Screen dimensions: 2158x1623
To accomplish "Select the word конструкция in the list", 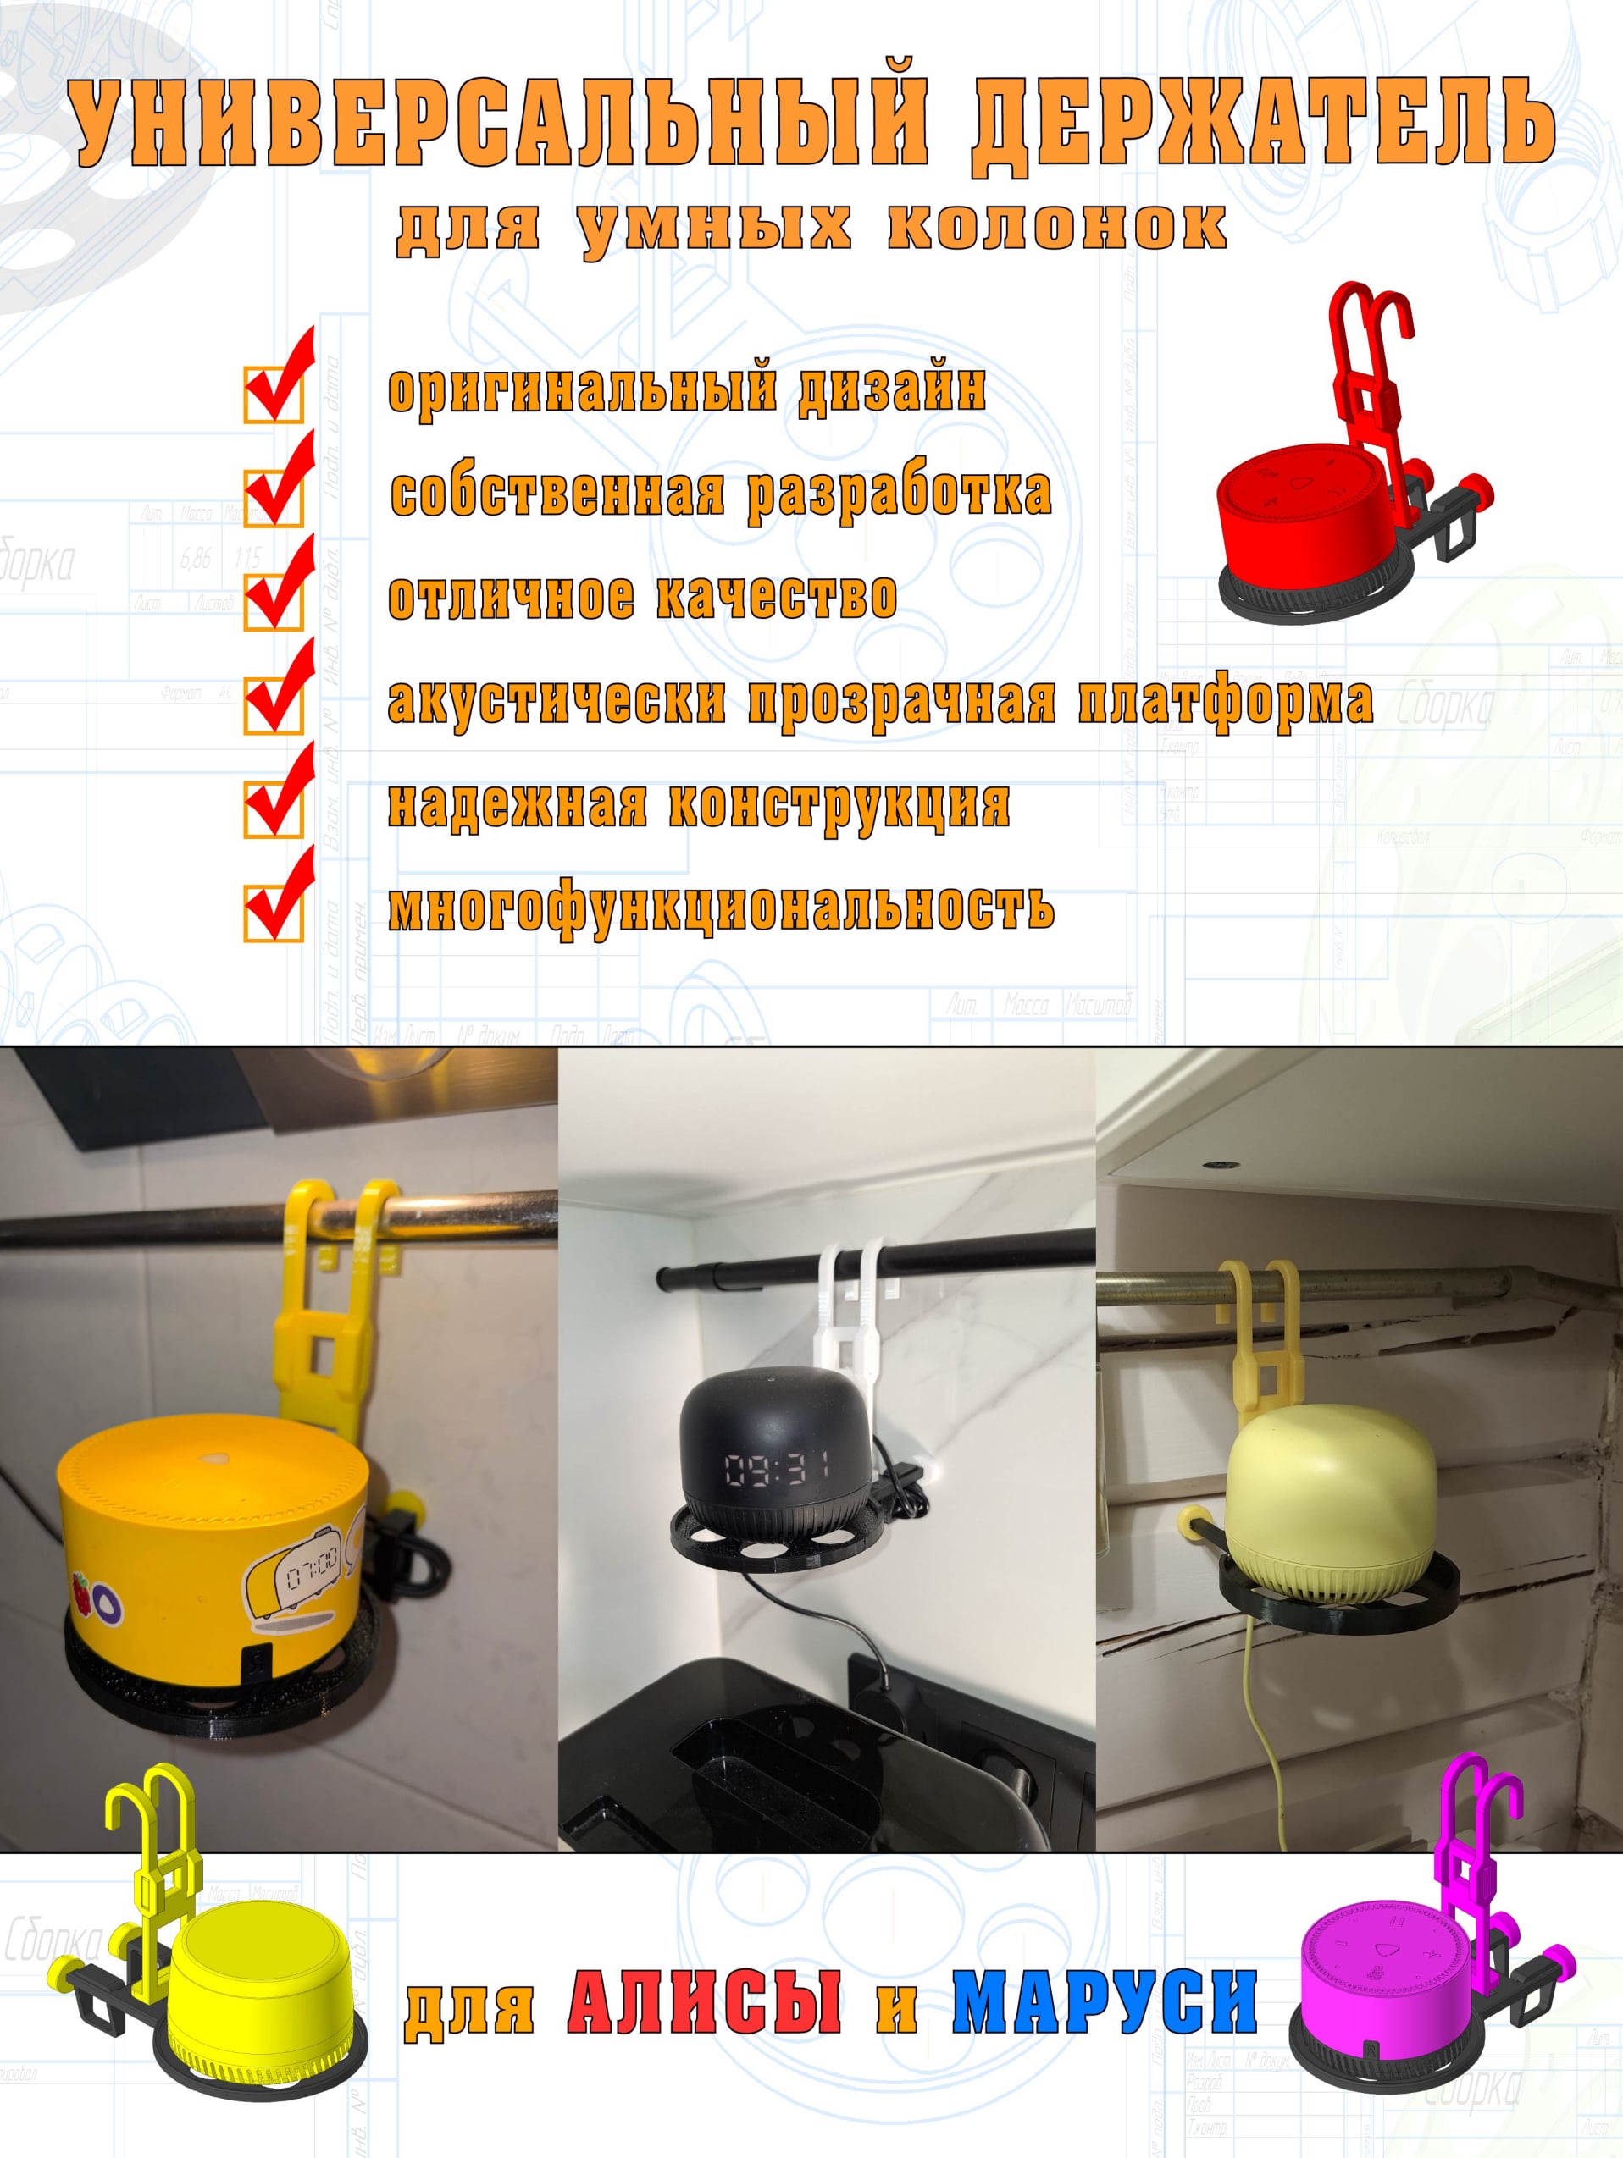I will coord(839,805).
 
